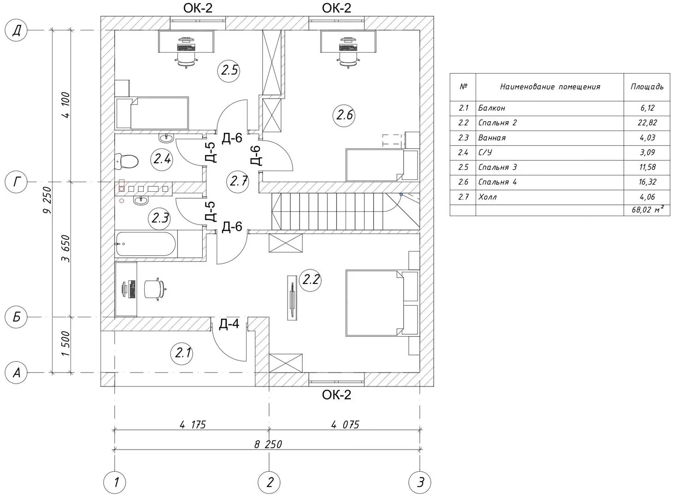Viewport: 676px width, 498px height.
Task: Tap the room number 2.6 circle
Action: tap(344, 114)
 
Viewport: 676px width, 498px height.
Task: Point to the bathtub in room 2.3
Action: tap(146, 244)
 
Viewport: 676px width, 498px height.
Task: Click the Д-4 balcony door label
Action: tap(229, 324)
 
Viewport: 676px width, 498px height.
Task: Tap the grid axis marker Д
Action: tap(17, 31)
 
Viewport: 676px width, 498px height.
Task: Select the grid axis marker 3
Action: tap(420, 482)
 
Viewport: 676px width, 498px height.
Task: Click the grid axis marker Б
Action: tap(17, 317)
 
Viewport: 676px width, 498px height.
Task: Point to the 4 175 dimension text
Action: tap(192, 425)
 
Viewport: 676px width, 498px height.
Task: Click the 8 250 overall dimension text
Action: tap(267, 445)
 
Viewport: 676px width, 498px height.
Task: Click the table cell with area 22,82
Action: tap(647, 123)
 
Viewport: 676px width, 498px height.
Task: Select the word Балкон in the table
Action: tap(492, 108)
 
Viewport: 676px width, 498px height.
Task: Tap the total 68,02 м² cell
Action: tap(647, 210)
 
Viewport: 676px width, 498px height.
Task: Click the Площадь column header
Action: tap(647, 86)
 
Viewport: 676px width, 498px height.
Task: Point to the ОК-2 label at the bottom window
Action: tap(336, 395)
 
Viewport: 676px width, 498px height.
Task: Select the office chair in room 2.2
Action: tap(155, 289)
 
